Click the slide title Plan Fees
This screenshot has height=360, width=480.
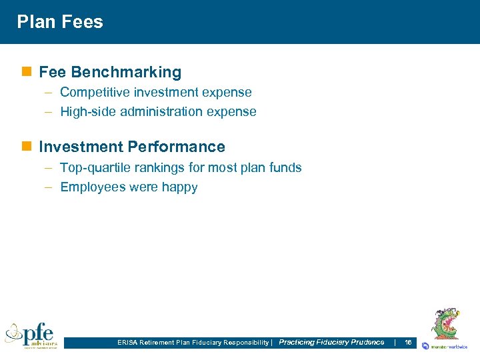(x=60, y=22)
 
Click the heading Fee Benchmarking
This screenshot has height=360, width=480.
(x=110, y=72)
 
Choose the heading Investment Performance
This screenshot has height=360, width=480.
(x=132, y=147)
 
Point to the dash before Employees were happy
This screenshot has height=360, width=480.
(x=49, y=187)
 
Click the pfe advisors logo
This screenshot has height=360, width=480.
(x=31, y=335)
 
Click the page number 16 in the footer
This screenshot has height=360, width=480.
(x=408, y=342)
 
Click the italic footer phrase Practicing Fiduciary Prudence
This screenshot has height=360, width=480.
(x=331, y=342)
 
